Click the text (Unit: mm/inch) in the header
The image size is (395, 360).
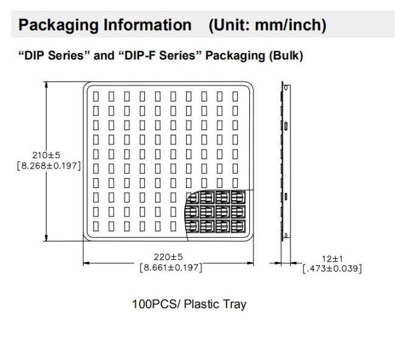(267, 25)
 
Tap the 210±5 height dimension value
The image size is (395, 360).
(46, 155)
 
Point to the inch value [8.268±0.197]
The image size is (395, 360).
(49, 166)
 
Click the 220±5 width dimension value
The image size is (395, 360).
(168, 257)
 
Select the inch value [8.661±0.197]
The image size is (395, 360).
(171, 268)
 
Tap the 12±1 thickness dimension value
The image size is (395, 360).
(332, 258)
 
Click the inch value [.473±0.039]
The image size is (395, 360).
(332, 269)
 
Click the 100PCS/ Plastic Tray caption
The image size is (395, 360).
(189, 304)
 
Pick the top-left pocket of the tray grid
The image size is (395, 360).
(96, 96)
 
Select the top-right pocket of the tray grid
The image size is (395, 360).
(235, 96)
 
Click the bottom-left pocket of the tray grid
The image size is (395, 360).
(96, 226)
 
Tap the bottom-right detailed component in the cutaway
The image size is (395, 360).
(238, 226)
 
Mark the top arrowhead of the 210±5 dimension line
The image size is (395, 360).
(46, 85)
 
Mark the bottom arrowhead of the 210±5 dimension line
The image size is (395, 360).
(46, 238)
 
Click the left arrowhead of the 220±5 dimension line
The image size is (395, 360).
(86, 263)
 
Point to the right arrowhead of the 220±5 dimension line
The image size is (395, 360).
(250, 263)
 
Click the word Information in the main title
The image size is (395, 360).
(148, 25)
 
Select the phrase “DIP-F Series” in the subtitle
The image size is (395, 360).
(160, 55)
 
